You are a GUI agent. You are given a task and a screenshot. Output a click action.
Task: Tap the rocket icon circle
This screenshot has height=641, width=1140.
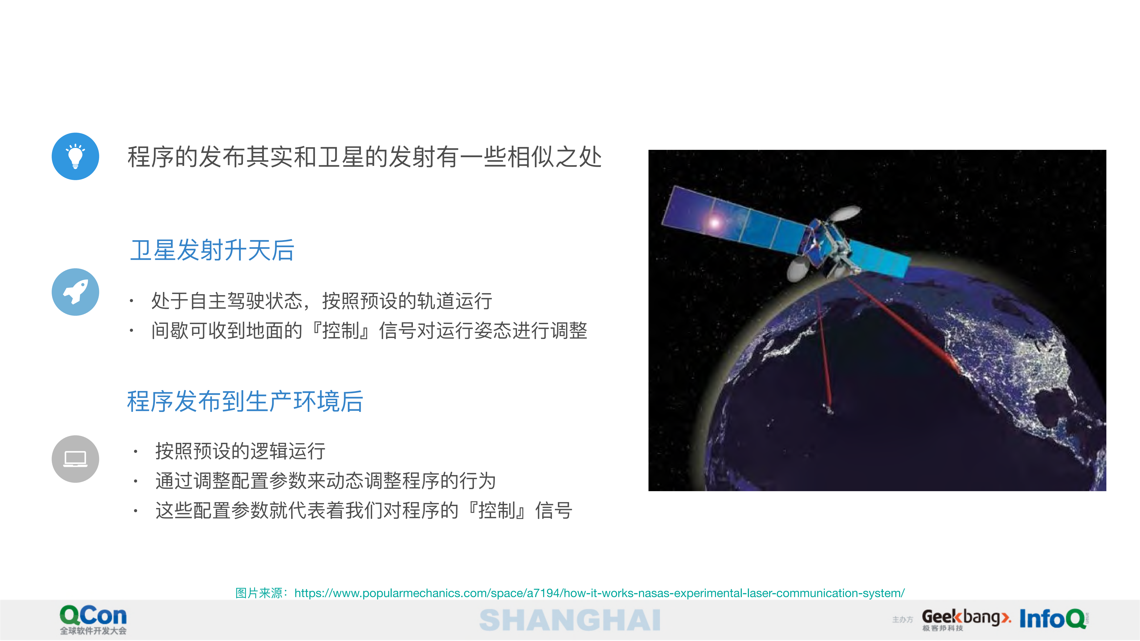coord(75,292)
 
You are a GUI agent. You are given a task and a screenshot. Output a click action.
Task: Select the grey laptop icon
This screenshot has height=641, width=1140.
coord(75,459)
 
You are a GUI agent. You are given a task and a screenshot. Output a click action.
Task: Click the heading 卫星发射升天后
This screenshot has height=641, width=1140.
coord(212,250)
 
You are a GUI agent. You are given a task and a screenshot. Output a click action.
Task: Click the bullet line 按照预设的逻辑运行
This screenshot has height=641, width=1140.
coord(240,451)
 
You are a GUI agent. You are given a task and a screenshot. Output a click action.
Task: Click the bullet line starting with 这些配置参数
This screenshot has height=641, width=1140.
coord(364,511)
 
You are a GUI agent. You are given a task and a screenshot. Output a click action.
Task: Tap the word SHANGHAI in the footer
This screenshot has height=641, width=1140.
coord(570,620)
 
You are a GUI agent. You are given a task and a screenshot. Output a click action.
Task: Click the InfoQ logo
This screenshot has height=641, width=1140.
coord(1053,619)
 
